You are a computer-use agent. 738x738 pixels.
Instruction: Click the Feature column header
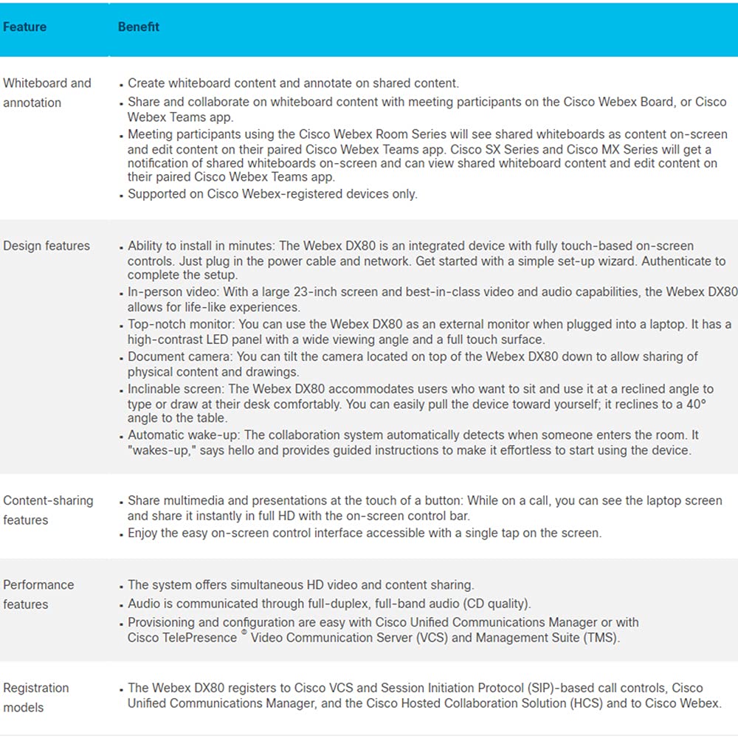(24, 27)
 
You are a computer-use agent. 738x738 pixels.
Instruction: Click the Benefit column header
(138, 27)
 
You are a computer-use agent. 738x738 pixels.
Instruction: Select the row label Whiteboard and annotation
(46, 93)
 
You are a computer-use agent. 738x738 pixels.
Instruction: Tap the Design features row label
(46, 246)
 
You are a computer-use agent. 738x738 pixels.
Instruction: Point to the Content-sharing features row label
(48, 510)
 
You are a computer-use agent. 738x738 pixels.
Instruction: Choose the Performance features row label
(38, 594)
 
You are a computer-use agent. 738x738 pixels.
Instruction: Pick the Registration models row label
(35, 697)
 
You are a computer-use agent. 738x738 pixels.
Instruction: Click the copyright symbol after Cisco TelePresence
(244, 632)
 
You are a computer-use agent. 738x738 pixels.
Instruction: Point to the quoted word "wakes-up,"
(157, 450)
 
